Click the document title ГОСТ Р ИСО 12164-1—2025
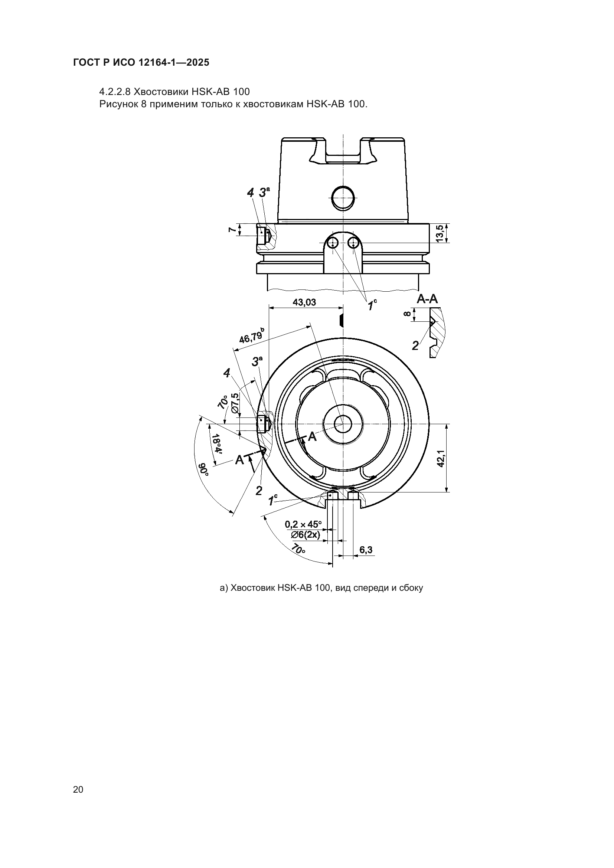click(141, 63)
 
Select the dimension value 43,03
click(304, 302)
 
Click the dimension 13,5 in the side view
click(440, 234)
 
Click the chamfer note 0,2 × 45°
click(303, 524)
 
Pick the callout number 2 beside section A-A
click(415, 345)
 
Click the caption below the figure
click(321, 588)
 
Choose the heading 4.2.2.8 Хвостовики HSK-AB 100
click(174, 92)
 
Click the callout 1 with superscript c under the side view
click(372, 304)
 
